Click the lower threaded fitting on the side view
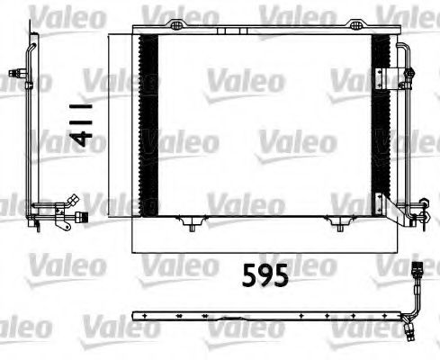pyautogui.click(x=79, y=215)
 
